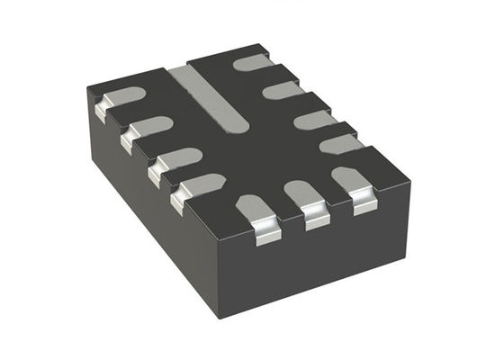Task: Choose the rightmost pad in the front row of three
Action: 354,178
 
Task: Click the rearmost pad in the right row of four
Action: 255,62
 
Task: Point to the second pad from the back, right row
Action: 283,89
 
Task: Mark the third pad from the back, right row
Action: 314,118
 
